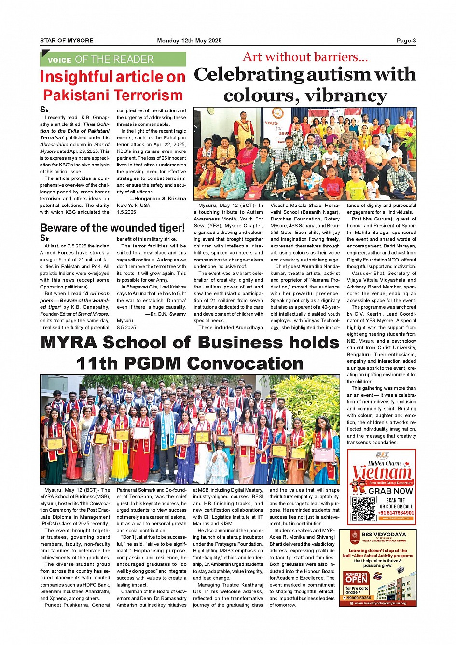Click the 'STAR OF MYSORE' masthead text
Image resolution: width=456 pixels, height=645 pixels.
[67, 41]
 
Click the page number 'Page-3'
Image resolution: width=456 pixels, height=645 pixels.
[406, 41]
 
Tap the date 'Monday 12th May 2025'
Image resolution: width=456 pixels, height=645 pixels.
[189, 41]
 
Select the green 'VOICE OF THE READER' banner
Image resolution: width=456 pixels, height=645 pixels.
[113, 59]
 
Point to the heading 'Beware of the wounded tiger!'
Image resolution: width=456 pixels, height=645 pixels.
[112, 228]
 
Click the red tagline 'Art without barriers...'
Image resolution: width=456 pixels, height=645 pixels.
[305, 57]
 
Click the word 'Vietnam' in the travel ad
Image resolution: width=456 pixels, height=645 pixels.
[382, 472]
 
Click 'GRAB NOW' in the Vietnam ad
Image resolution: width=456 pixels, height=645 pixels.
[391, 491]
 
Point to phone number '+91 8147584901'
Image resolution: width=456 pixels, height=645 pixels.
[396, 513]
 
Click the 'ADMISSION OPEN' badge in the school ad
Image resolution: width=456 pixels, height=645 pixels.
[357, 577]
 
